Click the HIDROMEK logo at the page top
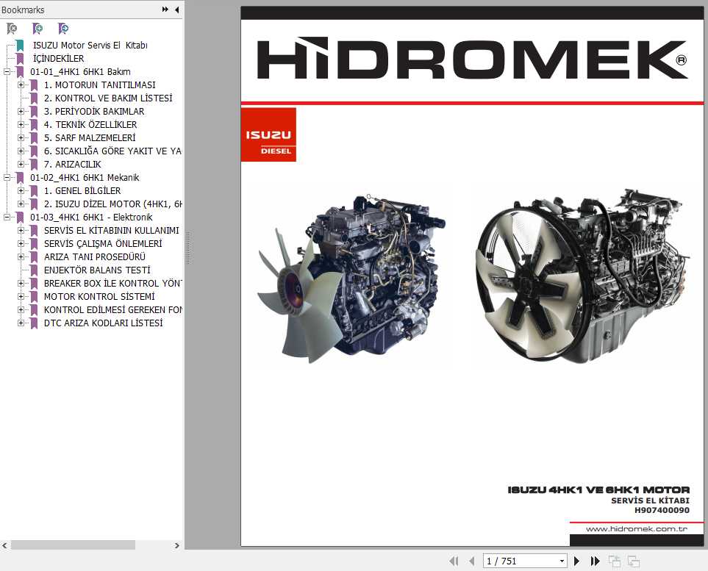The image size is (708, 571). (x=471, y=60)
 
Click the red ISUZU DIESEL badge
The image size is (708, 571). (x=268, y=135)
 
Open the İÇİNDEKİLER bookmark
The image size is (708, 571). (x=58, y=58)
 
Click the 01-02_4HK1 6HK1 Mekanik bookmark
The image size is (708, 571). (x=84, y=177)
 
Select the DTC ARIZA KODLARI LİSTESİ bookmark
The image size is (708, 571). (x=103, y=323)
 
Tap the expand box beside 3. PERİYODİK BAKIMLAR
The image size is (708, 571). (x=21, y=111)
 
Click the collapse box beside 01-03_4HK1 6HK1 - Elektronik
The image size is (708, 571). (x=7, y=217)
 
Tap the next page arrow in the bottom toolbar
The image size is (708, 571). (x=576, y=561)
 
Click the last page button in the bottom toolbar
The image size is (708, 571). (x=595, y=561)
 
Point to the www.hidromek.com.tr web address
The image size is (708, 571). (x=636, y=529)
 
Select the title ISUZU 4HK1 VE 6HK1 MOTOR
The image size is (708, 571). (x=598, y=489)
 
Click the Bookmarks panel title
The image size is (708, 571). (x=23, y=10)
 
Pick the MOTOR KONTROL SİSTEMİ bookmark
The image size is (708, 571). (x=99, y=296)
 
